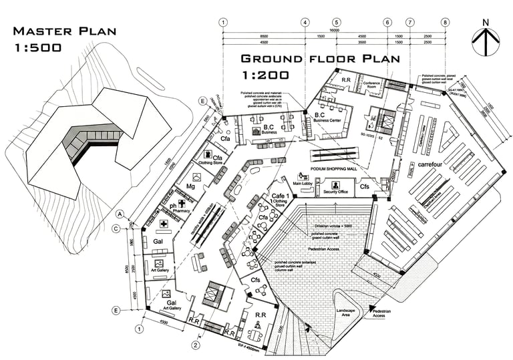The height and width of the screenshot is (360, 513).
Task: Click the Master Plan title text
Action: click(x=65, y=31)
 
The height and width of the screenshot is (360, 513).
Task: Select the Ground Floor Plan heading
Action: click(x=320, y=58)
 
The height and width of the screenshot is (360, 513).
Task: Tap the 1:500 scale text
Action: click(x=38, y=47)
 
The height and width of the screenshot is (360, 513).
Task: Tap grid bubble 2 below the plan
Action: click(x=195, y=345)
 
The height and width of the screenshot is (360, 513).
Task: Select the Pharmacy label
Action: click(x=182, y=210)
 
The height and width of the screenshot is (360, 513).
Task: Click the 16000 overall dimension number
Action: click(x=335, y=31)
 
